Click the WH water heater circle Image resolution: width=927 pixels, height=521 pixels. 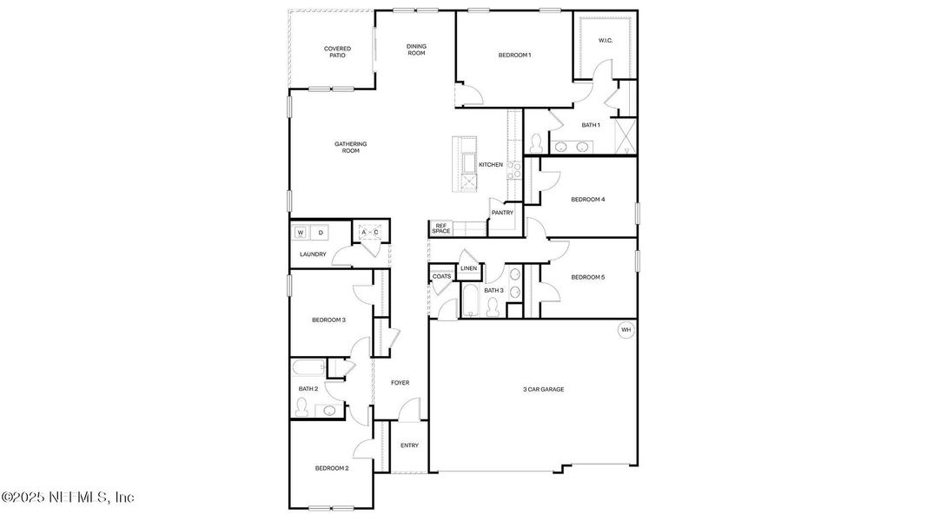tap(626, 330)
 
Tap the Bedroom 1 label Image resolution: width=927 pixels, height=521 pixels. tap(514, 56)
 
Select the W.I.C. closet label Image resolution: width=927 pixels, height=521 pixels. tap(606, 41)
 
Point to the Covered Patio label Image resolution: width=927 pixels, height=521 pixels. tap(337, 52)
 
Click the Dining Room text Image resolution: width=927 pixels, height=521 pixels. tap(416, 49)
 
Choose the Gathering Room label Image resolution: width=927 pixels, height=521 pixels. tap(350, 147)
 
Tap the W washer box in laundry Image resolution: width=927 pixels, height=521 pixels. tap(301, 233)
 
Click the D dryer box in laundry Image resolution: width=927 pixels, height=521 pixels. tap(321, 233)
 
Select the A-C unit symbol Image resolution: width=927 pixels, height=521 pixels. tap(370, 233)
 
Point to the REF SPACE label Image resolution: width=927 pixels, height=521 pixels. tap(441, 228)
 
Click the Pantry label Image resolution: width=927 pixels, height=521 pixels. tap(502, 213)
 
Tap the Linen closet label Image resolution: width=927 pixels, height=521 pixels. tap(469, 268)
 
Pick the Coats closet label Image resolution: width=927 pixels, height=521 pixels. tap(441, 276)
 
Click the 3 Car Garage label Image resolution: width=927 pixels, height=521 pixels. tap(543, 389)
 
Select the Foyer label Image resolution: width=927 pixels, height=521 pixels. tap(400, 383)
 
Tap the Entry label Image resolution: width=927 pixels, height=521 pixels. tap(409, 445)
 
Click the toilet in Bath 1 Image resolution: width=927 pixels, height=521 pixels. tap(536, 142)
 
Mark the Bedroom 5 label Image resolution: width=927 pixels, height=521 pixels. tap(587, 277)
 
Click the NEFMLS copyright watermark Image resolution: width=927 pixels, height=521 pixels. tap(68, 498)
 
